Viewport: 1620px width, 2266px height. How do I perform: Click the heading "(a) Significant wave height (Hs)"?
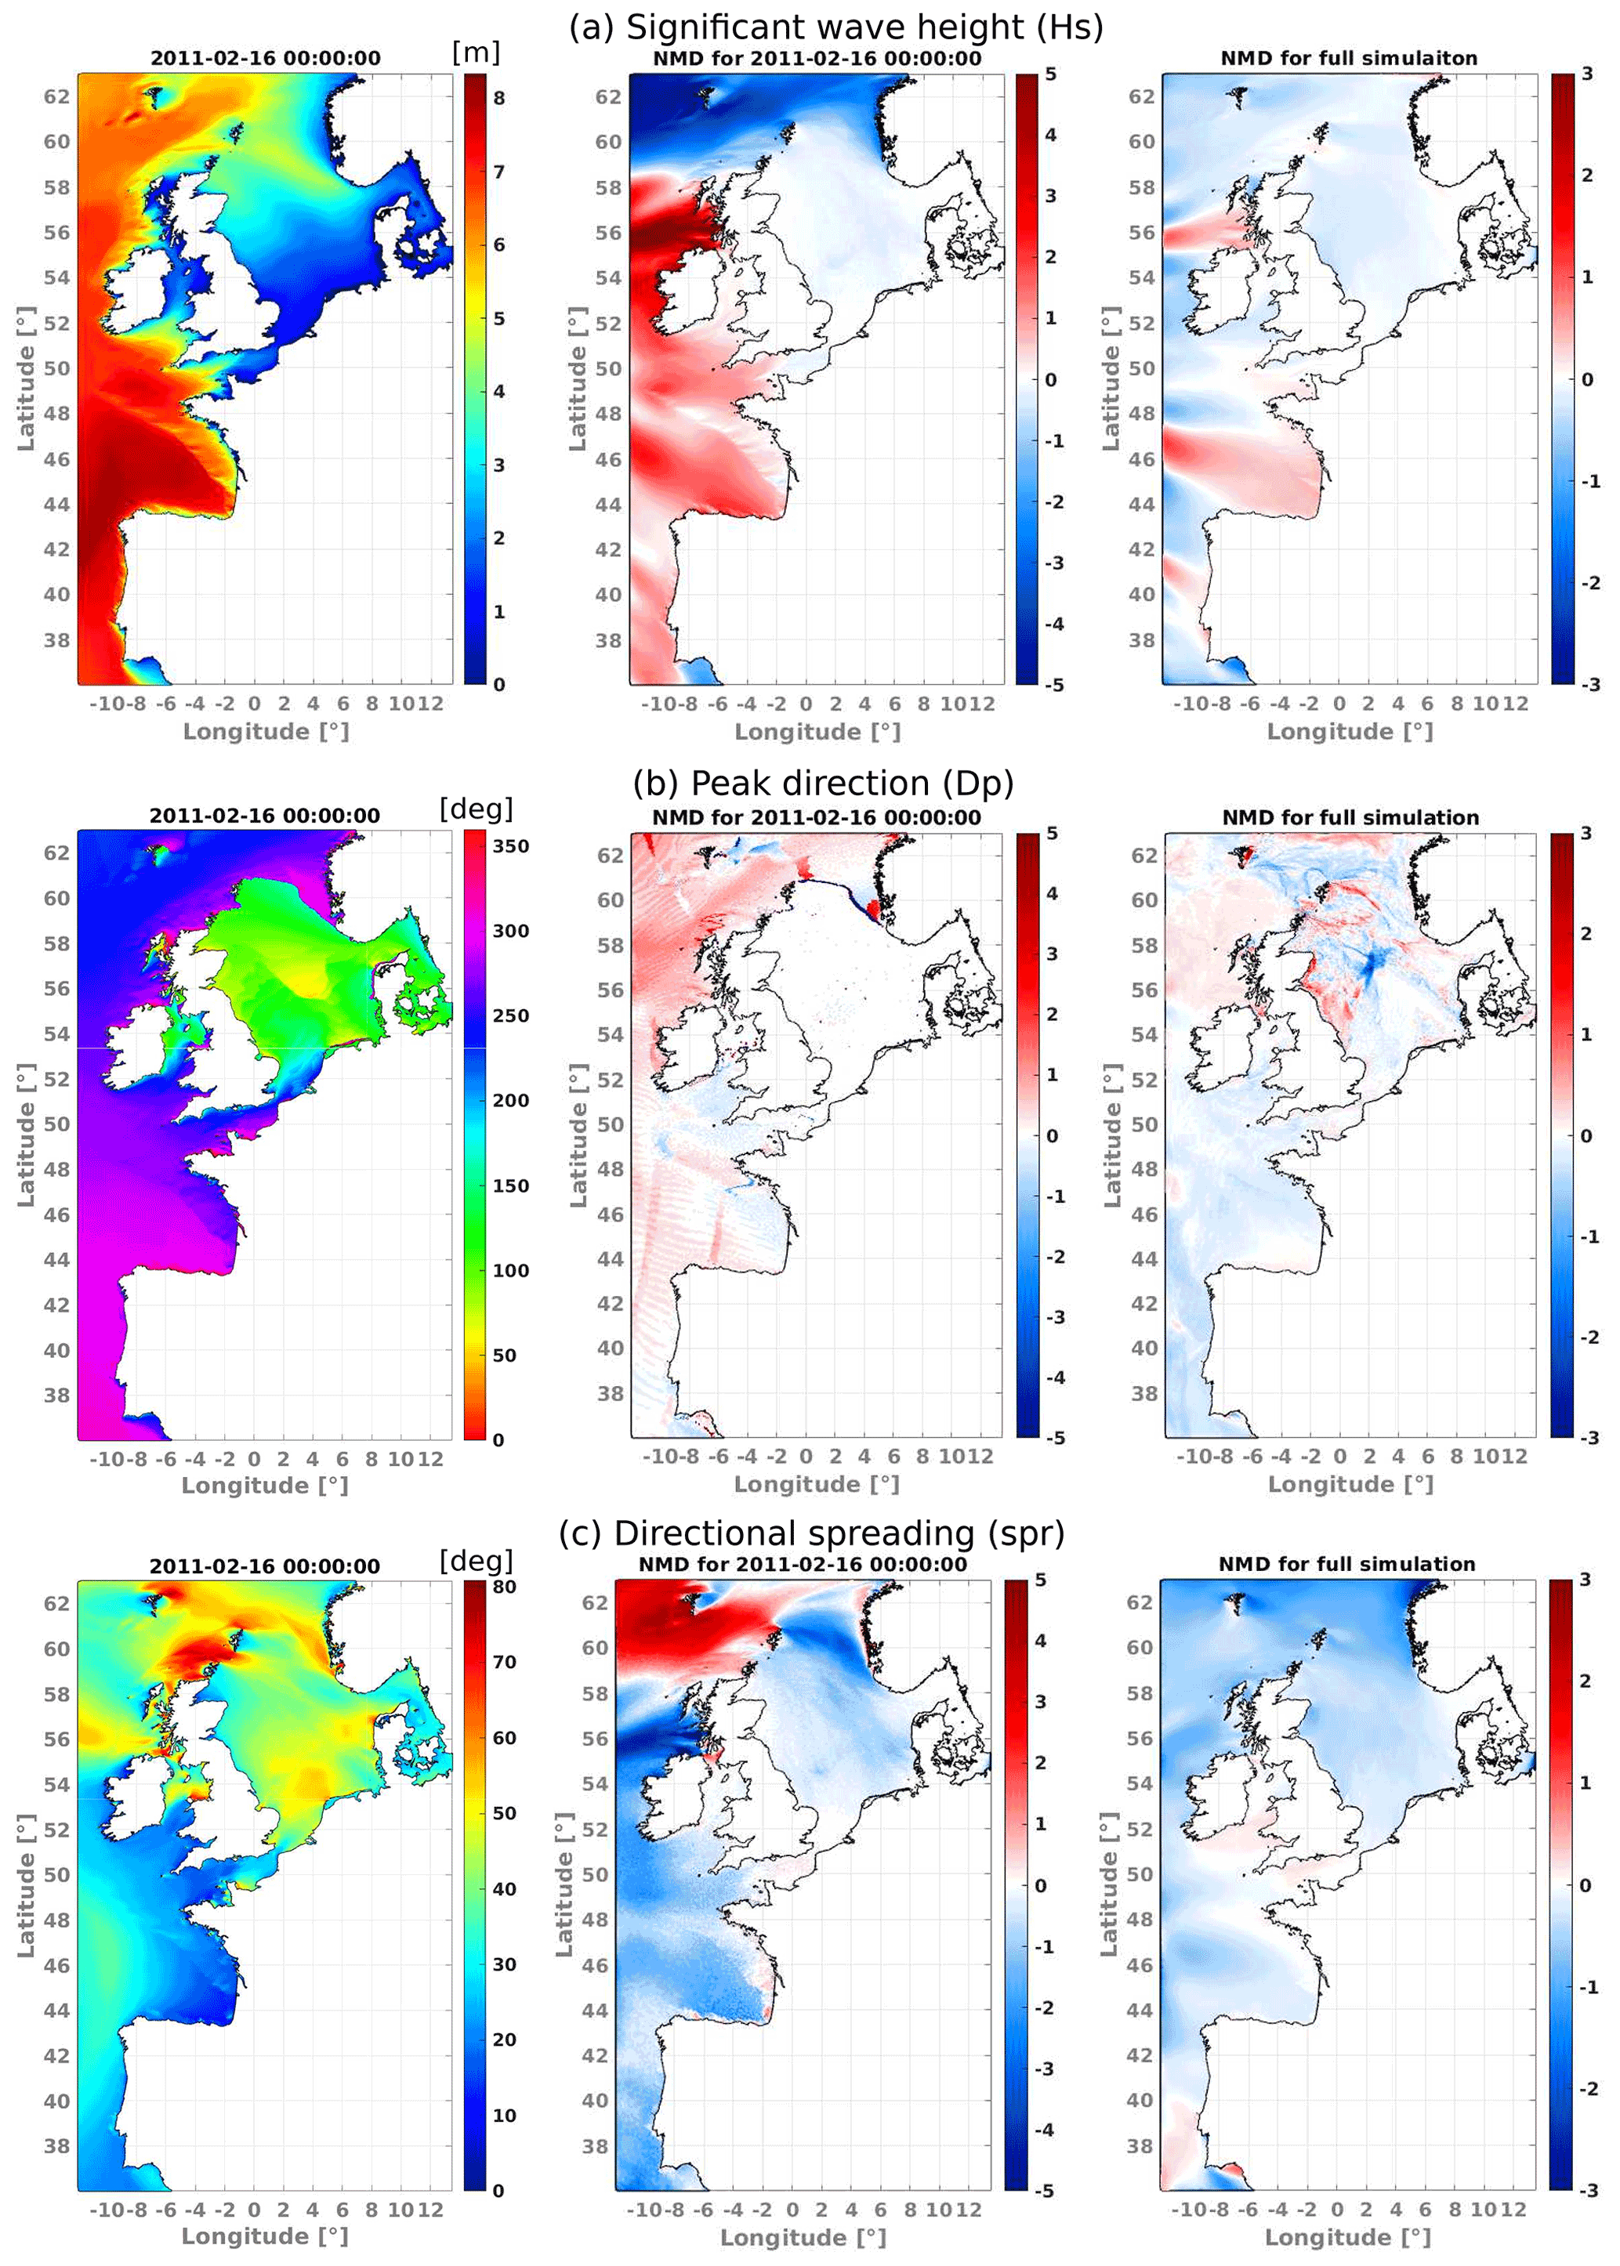tap(836, 27)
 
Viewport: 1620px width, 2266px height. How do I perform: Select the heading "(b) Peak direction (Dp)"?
tap(823, 783)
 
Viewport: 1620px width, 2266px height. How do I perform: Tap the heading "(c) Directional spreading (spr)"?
tap(811, 1533)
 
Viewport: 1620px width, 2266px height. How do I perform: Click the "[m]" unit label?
tap(476, 52)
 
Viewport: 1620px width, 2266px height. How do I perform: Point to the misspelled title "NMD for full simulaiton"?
tap(1349, 59)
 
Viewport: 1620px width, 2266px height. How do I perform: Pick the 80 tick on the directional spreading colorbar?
tap(505, 1587)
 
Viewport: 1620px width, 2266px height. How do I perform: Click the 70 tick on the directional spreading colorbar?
tap(505, 1662)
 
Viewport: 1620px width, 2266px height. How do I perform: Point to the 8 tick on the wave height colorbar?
tap(498, 98)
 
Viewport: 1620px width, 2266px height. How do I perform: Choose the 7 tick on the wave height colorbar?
tap(498, 172)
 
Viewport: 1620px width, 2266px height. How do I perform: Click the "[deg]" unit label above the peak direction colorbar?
tap(476, 809)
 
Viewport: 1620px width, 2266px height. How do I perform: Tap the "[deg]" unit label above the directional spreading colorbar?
tap(476, 1560)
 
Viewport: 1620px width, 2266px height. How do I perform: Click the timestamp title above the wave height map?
tap(266, 59)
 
